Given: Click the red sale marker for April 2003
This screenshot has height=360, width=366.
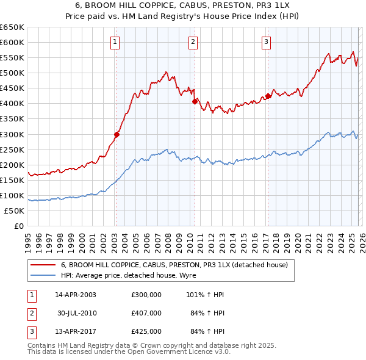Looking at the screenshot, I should pyautogui.click(x=117, y=134).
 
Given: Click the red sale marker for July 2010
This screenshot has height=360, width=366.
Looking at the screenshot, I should pyautogui.click(x=195, y=102).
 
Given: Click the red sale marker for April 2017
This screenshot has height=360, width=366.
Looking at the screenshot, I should pyautogui.click(x=268, y=96).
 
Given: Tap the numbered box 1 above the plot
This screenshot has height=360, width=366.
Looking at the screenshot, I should pyautogui.click(x=115, y=42).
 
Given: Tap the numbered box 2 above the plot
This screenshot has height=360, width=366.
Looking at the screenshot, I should pyautogui.click(x=193, y=42).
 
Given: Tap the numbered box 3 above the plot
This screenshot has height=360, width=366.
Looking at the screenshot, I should pyautogui.click(x=267, y=42).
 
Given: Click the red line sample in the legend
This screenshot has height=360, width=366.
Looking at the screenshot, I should pyautogui.click(x=43, y=265).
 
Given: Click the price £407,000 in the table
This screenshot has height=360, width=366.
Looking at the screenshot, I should pyautogui.click(x=146, y=313).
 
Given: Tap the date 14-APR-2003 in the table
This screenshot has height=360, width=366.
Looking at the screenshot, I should pyautogui.click(x=76, y=295).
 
